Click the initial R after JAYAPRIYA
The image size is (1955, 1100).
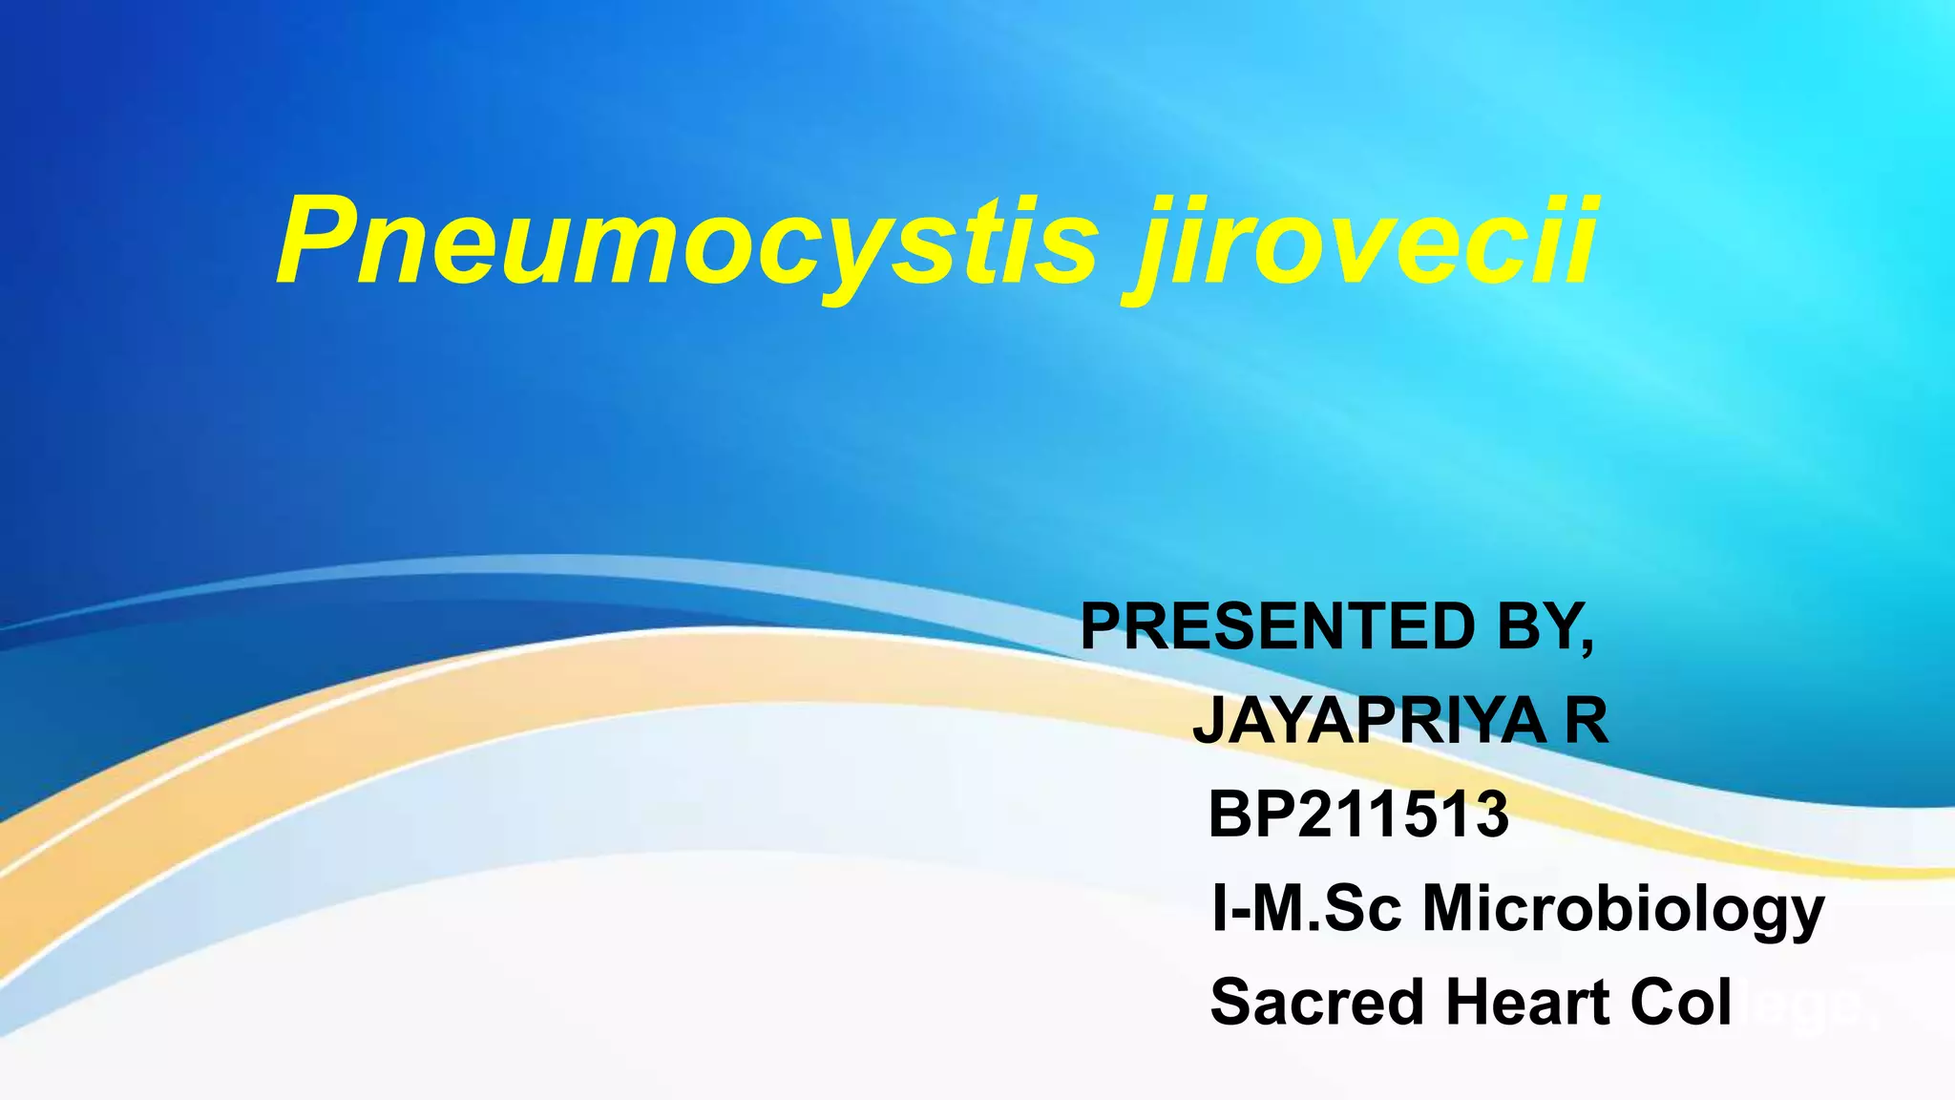click(1586, 720)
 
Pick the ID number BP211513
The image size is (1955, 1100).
click(1358, 814)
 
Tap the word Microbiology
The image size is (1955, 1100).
click(1624, 909)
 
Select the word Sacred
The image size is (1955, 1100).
click(1317, 1002)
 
